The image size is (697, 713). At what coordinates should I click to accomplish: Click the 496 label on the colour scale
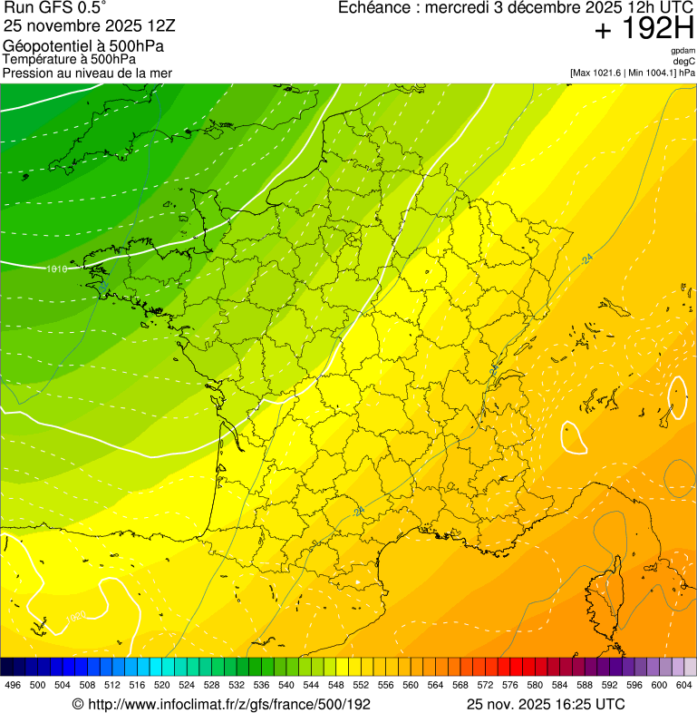click(x=13, y=684)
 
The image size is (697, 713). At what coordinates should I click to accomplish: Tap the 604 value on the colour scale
click(x=683, y=684)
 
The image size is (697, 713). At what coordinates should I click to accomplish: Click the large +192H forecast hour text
click(x=644, y=30)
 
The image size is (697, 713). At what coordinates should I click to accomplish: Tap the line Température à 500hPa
click(x=69, y=59)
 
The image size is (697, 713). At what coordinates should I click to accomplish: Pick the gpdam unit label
click(x=682, y=51)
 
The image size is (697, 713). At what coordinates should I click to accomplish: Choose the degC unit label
click(x=684, y=61)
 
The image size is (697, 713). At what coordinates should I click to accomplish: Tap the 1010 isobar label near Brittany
click(x=57, y=269)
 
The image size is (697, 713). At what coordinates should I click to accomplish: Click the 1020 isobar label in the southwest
click(x=77, y=617)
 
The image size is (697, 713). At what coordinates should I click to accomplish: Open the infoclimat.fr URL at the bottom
click(x=221, y=704)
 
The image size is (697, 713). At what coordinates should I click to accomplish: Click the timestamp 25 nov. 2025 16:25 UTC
click(x=546, y=704)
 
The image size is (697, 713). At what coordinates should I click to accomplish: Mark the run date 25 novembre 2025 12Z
click(x=82, y=26)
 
